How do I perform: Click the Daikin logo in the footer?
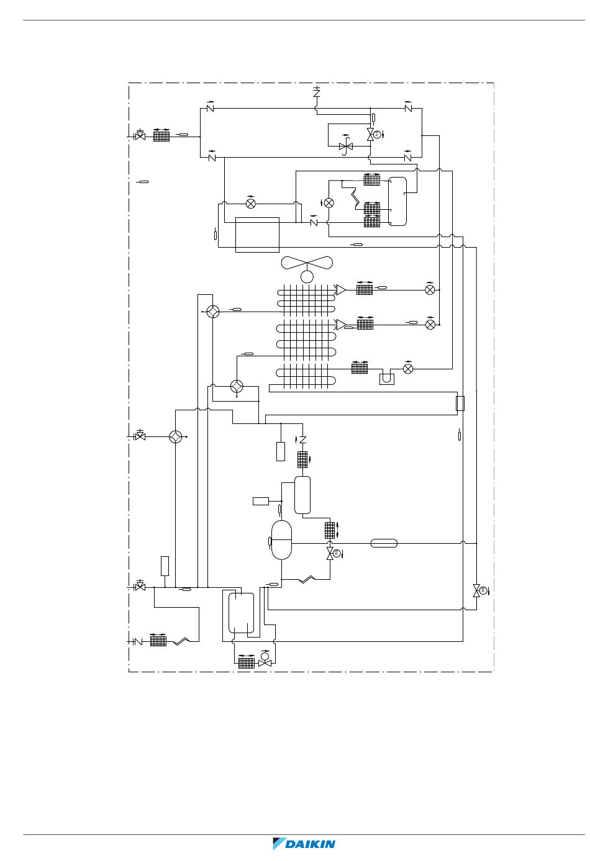pyautogui.click(x=304, y=844)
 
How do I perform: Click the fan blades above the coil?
pyautogui.click(x=307, y=263)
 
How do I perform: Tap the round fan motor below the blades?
pyautogui.click(x=307, y=277)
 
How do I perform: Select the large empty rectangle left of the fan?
pyautogui.click(x=257, y=235)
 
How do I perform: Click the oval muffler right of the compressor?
pyautogui.click(x=384, y=543)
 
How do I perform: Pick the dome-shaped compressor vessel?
pyautogui.click(x=281, y=540)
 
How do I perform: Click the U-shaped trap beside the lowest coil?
pyautogui.click(x=386, y=379)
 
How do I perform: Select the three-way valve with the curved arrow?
pyautogui.click(x=346, y=146)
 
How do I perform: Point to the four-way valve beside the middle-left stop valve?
pyautogui.click(x=176, y=436)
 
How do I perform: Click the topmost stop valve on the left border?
pyautogui.click(x=140, y=135)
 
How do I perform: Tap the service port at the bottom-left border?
pyautogui.click(x=137, y=641)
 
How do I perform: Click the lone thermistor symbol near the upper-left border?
pyautogui.click(x=143, y=182)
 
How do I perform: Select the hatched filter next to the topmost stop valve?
pyautogui.click(x=161, y=137)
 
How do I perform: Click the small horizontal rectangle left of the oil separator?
pyautogui.click(x=261, y=501)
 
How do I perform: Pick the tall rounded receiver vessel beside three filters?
pyautogui.click(x=397, y=201)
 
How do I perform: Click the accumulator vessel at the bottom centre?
pyautogui.click(x=241, y=613)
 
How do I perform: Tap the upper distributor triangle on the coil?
pyautogui.click(x=340, y=290)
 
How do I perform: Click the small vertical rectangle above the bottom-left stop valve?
pyautogui.click(x=165, y=566)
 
